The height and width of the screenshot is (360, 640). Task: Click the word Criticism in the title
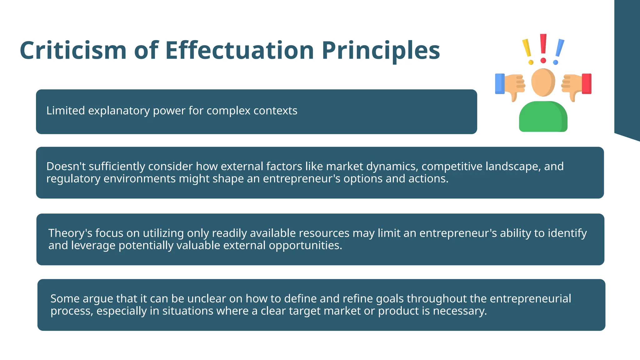tap(73, 51)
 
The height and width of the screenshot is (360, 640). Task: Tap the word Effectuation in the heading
tap(239, 51)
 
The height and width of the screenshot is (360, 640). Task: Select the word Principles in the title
tap(381, 51)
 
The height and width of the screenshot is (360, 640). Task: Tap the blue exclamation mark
tap(559, 51)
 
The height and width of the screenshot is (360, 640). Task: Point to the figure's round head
tap(543, 82)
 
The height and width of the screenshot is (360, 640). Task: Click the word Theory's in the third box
tap(70, 233)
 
